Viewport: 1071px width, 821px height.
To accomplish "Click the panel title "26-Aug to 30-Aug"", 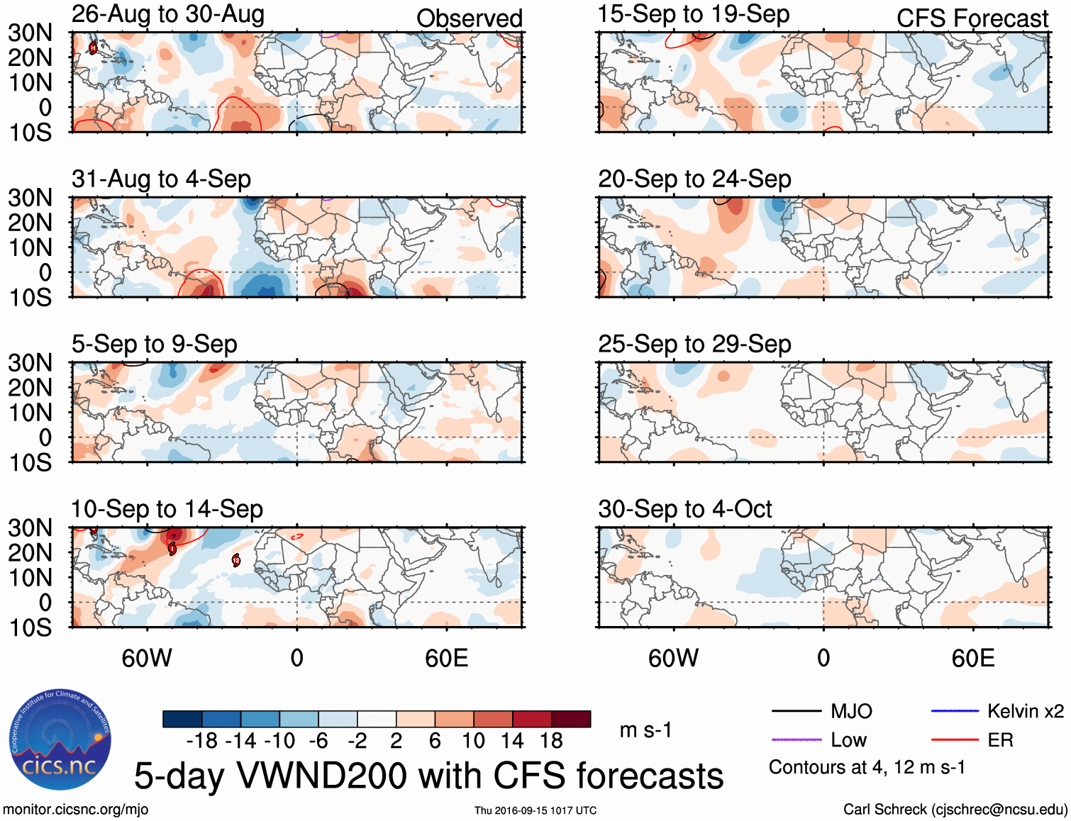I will click(x=168, y=14).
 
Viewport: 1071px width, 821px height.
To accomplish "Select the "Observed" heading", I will click(x=469, y=18).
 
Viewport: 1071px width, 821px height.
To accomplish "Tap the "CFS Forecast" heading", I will click(x=972, y=18).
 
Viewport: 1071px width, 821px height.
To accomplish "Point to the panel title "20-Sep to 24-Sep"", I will click(x=694, y=179).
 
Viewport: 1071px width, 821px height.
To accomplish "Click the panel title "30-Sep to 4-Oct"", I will click(x=684, y=509).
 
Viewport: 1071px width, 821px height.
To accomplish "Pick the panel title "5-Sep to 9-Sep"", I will click(x=154, y=345).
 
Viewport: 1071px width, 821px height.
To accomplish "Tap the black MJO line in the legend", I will click(x=796, y=711).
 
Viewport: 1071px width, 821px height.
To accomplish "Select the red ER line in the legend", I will click(x=955, y=740).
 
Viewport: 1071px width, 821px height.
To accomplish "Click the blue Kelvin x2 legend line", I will click(x=955, y=711).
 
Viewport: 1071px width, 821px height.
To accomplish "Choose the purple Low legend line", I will click(x=796, y=740).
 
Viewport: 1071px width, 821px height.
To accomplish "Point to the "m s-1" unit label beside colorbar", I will click(x=645, y=730).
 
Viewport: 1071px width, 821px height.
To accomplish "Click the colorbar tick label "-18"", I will click(x=201, y=741).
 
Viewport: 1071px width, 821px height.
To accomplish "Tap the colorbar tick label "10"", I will click(x=473, y=741).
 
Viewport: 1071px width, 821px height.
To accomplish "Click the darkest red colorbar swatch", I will click(x=571, y=719).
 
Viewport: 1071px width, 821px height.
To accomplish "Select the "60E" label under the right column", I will click(x=972, y=659).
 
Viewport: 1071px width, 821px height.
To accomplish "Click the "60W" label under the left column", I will click(x=147, y=659).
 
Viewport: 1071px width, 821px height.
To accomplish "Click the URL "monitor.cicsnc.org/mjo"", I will click(x=75, y=810).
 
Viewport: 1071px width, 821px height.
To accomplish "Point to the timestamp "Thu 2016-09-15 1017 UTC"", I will click(x=535, y=810).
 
